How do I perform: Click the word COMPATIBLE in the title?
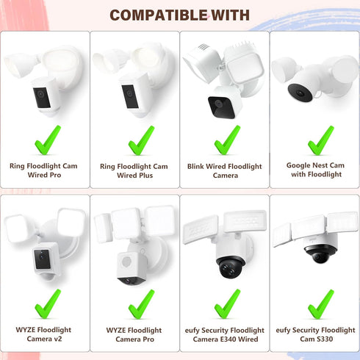point(159,15)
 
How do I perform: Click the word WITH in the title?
point(230,15)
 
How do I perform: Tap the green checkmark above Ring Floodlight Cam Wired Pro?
point(48,140)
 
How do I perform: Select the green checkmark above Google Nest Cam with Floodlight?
point(321,140)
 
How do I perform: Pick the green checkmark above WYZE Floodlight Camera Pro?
point(141,304)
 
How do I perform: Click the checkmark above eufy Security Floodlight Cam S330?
point(321,304)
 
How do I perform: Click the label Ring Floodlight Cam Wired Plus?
point(134,171)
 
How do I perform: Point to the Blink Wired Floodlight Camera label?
point(225,171)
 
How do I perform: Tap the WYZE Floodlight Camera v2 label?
point(43,334)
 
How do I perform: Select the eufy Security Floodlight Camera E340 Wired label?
point(225,334)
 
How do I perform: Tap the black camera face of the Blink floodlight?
point(222,107)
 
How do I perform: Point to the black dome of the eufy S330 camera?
point(320,254)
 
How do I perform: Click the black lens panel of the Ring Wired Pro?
point(42,98)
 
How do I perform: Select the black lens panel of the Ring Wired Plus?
point(130,96)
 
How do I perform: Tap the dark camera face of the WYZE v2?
point(43,259)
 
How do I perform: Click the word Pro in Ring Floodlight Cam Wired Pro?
point(55,175)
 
